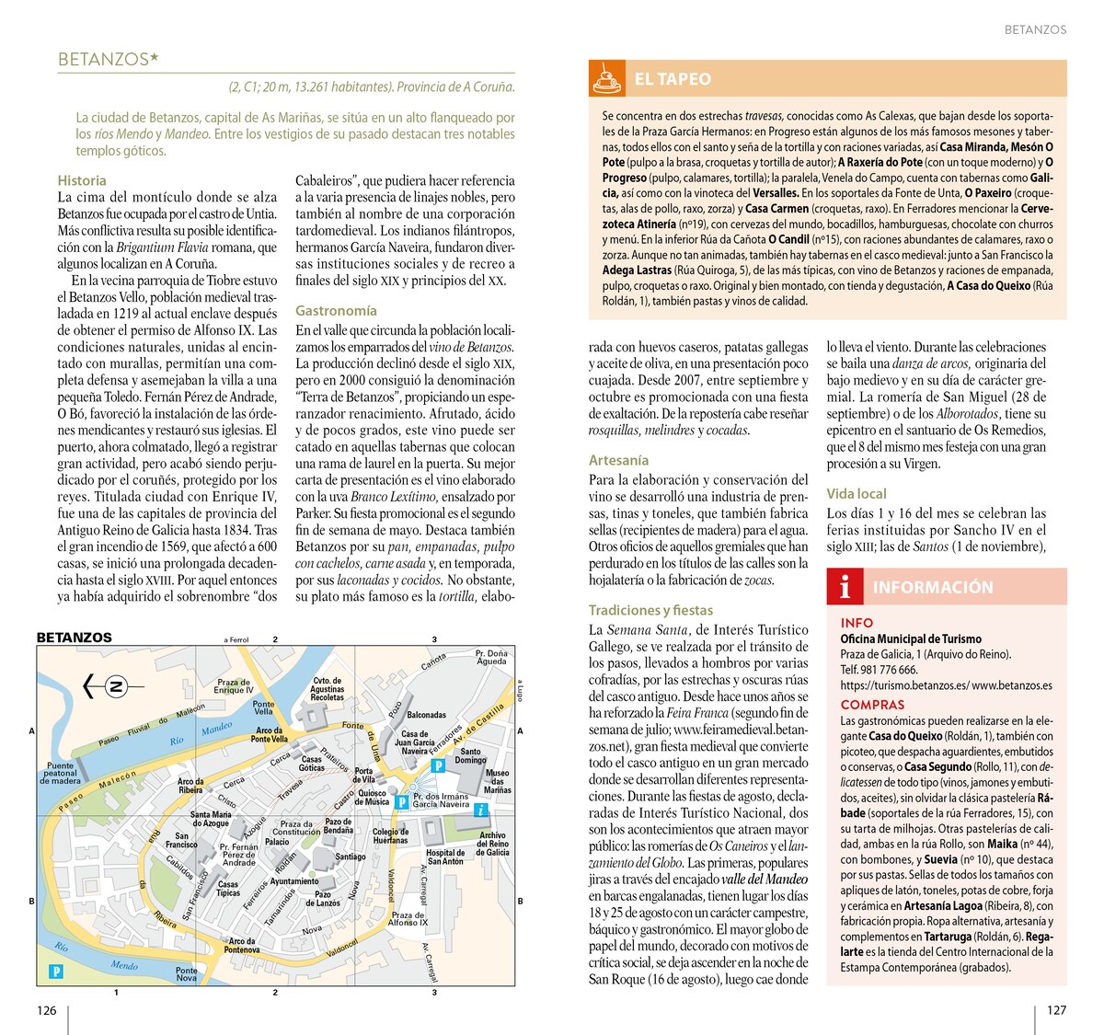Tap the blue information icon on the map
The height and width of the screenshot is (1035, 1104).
tap(480, 811)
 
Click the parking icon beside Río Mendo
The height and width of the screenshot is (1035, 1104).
tap(56, 971)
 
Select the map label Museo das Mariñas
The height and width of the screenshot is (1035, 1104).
tap(497, 781)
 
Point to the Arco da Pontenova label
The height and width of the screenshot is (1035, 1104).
tap(243, 945)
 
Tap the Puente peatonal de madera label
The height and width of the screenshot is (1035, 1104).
tap(61, 773)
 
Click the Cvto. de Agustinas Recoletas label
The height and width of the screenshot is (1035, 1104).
tap(328, 689)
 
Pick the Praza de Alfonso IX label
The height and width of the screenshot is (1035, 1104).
tap(408, 918)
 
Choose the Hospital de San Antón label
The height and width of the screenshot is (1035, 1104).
tap(445, 857)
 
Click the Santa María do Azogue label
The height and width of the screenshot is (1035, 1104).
tap(211, 819)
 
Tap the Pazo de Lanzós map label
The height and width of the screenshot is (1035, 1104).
tap(322, 898)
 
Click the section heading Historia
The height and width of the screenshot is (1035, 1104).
tap(82, 180)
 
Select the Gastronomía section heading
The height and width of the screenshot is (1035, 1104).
tap(336, 311)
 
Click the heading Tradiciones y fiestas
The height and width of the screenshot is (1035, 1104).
tap(650, 610)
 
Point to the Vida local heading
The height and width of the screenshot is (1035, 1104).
tap(857, 494)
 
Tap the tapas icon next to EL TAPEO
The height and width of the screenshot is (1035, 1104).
tap(605, 79)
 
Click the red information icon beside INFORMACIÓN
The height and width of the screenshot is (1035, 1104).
tap(845, 587)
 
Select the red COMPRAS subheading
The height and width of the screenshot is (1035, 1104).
tap(872, 705)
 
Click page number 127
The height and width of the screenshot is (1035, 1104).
tap(1056, 1010)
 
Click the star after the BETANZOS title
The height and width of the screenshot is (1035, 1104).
tap(154, 59)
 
